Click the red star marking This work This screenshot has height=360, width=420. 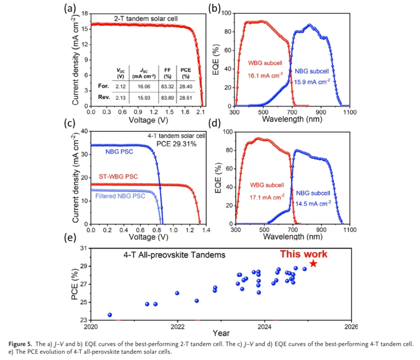313,263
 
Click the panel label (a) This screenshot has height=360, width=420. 70,8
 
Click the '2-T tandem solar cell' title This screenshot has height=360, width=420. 146,19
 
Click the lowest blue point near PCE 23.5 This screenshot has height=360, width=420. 110,315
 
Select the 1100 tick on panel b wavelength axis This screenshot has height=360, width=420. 350,112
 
